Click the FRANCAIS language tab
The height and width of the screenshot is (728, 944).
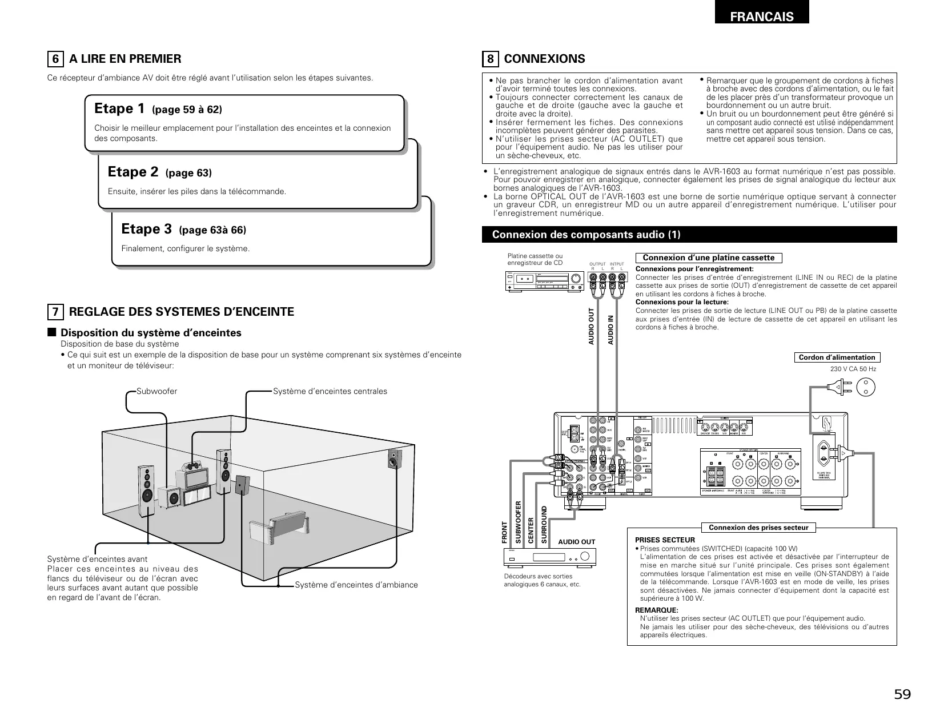coord(761,16)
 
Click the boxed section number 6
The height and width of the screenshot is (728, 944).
coord(55,59)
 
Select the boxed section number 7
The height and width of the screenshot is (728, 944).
coord(55,312)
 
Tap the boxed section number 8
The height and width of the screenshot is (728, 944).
coord(491,59)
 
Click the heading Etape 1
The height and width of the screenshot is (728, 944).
coord(119,108)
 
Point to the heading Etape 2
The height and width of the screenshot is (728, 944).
coord(133,172)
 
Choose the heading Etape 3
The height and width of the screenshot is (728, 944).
coord(147,229)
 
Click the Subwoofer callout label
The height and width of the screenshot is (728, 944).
coord(157,391)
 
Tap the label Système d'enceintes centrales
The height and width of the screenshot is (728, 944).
coord(330,391)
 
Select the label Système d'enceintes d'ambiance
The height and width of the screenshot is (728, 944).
coord(356,585)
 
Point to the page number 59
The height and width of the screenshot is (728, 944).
coord(902,695)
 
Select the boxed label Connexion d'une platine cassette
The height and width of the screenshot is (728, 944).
coord(709,258)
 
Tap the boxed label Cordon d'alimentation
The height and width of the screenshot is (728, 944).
coord(837,357)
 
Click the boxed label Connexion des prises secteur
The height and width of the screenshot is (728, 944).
coord(758,528)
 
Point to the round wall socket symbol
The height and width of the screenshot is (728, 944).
coord(866,388)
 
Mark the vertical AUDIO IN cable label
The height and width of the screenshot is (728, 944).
coord(610,329)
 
